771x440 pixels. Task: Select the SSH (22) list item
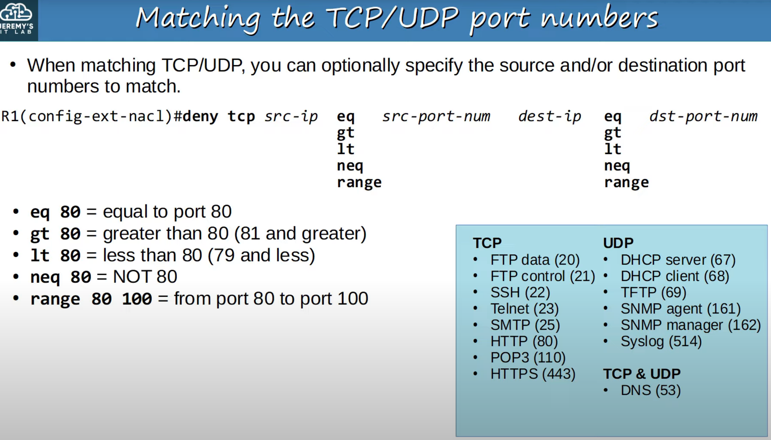pos(520,292)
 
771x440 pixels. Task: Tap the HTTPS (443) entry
pos(533,374)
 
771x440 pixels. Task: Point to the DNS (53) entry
pos(651,390)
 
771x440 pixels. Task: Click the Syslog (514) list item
pos(661,341)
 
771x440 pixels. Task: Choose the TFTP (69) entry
pos(653,292)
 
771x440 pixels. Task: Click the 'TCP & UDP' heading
pos(642,374)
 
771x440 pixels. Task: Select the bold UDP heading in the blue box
pos(618,243)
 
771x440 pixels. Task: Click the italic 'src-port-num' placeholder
pos(436,116)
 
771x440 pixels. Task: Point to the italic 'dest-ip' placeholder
pos(550,116)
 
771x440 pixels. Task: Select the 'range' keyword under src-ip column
pos(359,183)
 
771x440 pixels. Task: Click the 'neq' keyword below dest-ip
pos(617,166)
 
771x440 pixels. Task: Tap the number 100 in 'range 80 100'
pos(137,299)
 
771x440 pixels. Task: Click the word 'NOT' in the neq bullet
pos(132,276)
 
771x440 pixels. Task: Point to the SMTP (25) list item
pos(525,325)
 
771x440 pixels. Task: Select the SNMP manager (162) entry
pos(691,325)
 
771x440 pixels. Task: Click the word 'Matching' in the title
pos(198,19)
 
